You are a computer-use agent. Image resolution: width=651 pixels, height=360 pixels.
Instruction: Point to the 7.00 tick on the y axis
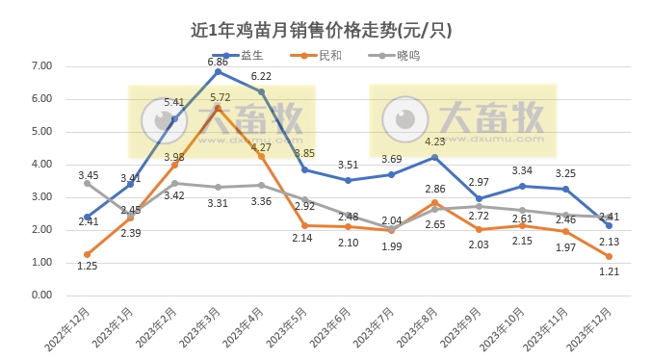click(41, 66)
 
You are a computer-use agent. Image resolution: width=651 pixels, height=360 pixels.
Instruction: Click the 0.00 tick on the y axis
click(41, 295)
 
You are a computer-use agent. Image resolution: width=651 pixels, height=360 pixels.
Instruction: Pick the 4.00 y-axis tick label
click(41, 165)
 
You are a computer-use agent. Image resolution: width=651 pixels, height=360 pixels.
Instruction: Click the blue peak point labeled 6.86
click(218, 71)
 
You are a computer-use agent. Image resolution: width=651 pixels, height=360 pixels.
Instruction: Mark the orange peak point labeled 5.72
click(218, 109)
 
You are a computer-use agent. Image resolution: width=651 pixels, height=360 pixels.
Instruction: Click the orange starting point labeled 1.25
click(88, 254)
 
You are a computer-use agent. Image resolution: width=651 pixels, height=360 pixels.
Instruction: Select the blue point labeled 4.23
click(435, 157)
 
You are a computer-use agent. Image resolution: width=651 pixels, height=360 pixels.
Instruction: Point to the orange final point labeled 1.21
click(609, 255)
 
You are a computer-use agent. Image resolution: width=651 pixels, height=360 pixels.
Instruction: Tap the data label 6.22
click(261, 76)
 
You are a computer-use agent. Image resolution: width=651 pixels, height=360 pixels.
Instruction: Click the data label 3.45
click(89, 174)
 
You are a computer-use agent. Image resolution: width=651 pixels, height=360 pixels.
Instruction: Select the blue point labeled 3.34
click(522, 186)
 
